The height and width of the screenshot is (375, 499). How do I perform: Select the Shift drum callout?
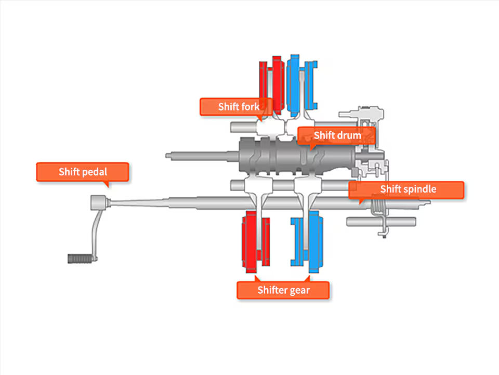[336, 136]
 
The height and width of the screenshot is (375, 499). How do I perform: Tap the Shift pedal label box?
[82, 172]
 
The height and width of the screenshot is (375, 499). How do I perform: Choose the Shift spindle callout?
[406, 189]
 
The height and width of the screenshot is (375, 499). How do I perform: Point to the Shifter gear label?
[283, 290]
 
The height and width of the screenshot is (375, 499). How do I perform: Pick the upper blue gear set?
[302, 83]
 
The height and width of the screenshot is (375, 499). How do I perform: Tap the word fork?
[251, 107]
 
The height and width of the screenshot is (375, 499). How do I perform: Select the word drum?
[349, 136]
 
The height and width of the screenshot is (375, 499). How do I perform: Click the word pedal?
[94, 172]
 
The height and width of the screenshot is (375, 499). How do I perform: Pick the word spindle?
[420, 189]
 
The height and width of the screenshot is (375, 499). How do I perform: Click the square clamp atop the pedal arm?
[99, 201]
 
